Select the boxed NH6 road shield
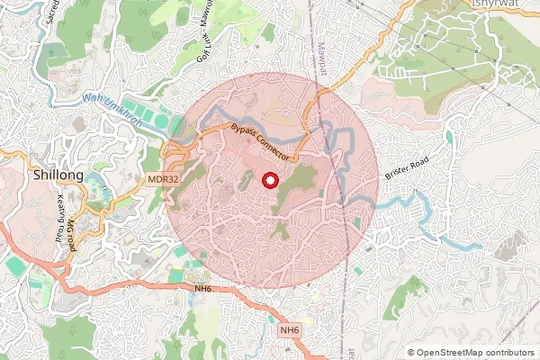click(x=288, y=331)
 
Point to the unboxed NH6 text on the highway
click(x=203, y=288)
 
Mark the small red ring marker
click(x=268, y=181)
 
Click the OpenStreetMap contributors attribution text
click(x=476, y=352)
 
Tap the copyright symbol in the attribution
click(x=411, y=352)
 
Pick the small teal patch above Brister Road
click(x=448, y=136)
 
